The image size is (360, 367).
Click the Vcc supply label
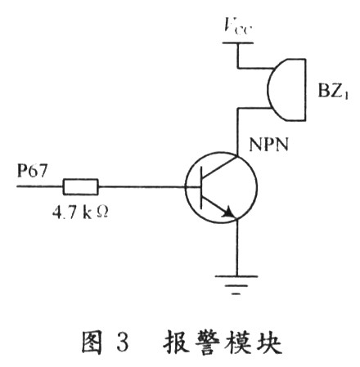[x=237, y=25]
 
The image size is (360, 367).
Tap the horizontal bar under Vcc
[x=238, y=43]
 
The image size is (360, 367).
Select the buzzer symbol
[x=286, y=90]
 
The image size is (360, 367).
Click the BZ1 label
[x=333, y=90]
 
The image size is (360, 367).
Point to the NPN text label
[x=268, y=145]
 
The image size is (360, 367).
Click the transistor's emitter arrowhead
[x=228, y=213]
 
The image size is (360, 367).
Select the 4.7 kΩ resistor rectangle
[x=80, y=187]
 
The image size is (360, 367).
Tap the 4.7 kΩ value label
[x=80, y=213]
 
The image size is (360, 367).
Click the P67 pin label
[x=32, y=170]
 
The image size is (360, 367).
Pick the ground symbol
[x=236, y=285]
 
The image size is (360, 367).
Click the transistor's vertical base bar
[x=201, y=187]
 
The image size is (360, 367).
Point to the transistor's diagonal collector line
[x=218, y=167]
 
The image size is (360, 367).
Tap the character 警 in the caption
[x=207, y=341]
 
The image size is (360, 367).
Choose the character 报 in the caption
[x=176, y=341]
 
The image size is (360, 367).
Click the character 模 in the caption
[x=238, y=341]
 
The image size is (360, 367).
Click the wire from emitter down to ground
[x=236, y=247]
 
